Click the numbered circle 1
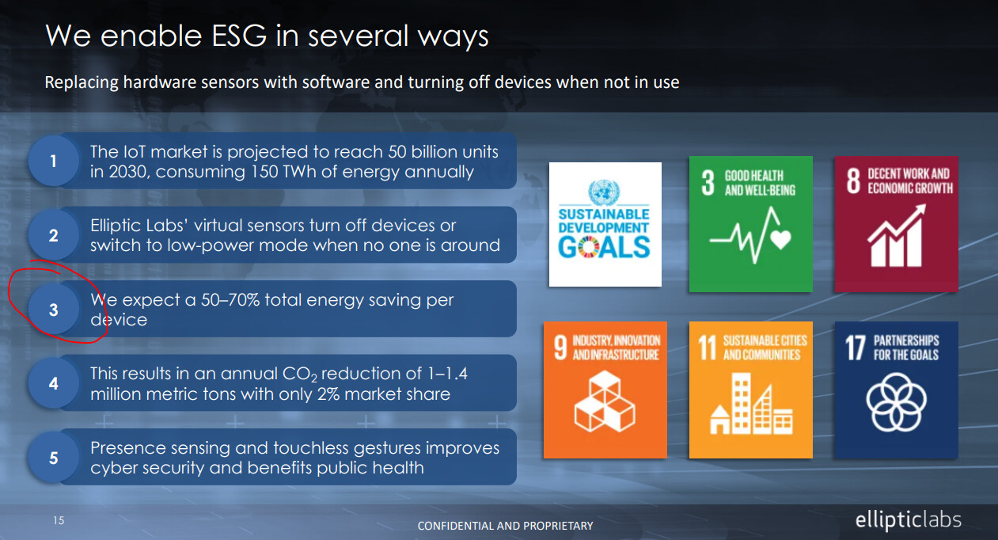pyautogui.click(x=54, y=161)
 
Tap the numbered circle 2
pyautogui.click(x=54, y=235)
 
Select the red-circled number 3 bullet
pyautogui.click(x=54, y=309)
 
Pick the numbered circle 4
pyautogui.click(x=54, y=383)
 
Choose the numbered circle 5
pyautogui.click(x=54, y=458)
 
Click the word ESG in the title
pyautogui.click(x=239, y=36)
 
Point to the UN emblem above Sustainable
pyautogui.click(x=604, y=192)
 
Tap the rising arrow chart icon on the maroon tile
pyautogui.click(x=896, y=235)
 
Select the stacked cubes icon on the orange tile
pyautogui.click(x=605, y=401)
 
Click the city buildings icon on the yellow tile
pyautogui.click(x=751, y=404)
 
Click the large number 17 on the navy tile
pyautogui.click(x=856, y=348)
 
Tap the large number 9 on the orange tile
pyautogui.click(x=560, y=348)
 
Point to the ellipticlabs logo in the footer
pyautogui.click(x=908, y=520)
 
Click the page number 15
pyautogui.click(x=59, y=520)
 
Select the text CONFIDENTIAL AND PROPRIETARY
pyautogui.click(x=505, y=526)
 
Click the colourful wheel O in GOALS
pyautogui.click(x=589, y=248)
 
